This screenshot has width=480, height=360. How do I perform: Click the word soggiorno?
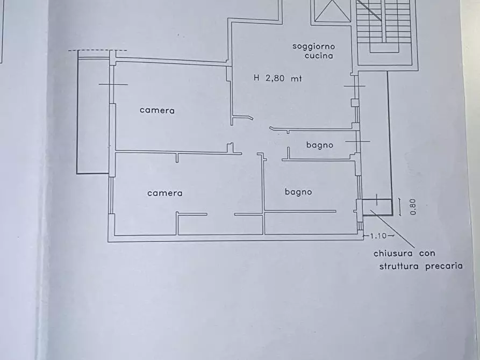[314, 47]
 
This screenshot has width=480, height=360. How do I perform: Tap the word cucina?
[319, 56]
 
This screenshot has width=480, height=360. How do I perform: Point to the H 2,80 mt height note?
[278, 78]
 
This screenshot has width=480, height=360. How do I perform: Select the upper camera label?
[157, 110]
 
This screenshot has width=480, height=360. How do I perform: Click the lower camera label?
[164, 193]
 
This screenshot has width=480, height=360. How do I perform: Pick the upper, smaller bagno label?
[320, 145]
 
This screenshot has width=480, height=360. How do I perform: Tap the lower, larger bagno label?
[298, 192]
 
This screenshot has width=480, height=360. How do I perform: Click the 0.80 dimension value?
[413, 207]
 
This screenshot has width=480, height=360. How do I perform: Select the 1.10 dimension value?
[378, 236]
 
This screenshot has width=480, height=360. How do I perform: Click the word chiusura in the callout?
[393, 254]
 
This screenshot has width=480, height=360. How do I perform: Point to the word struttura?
[399, 266]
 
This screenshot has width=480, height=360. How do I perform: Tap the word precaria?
[444, 266]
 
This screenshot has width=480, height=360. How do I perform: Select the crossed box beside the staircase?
[332, 11]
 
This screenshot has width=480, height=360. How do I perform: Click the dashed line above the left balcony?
[97, 51]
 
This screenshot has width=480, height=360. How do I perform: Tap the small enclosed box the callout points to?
[377, 207]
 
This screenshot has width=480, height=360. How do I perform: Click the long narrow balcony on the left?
[93, 116]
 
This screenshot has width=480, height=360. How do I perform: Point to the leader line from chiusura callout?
[392, 229]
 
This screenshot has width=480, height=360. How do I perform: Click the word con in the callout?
[427, 254]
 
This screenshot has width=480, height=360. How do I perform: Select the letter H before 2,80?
[256, 78]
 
